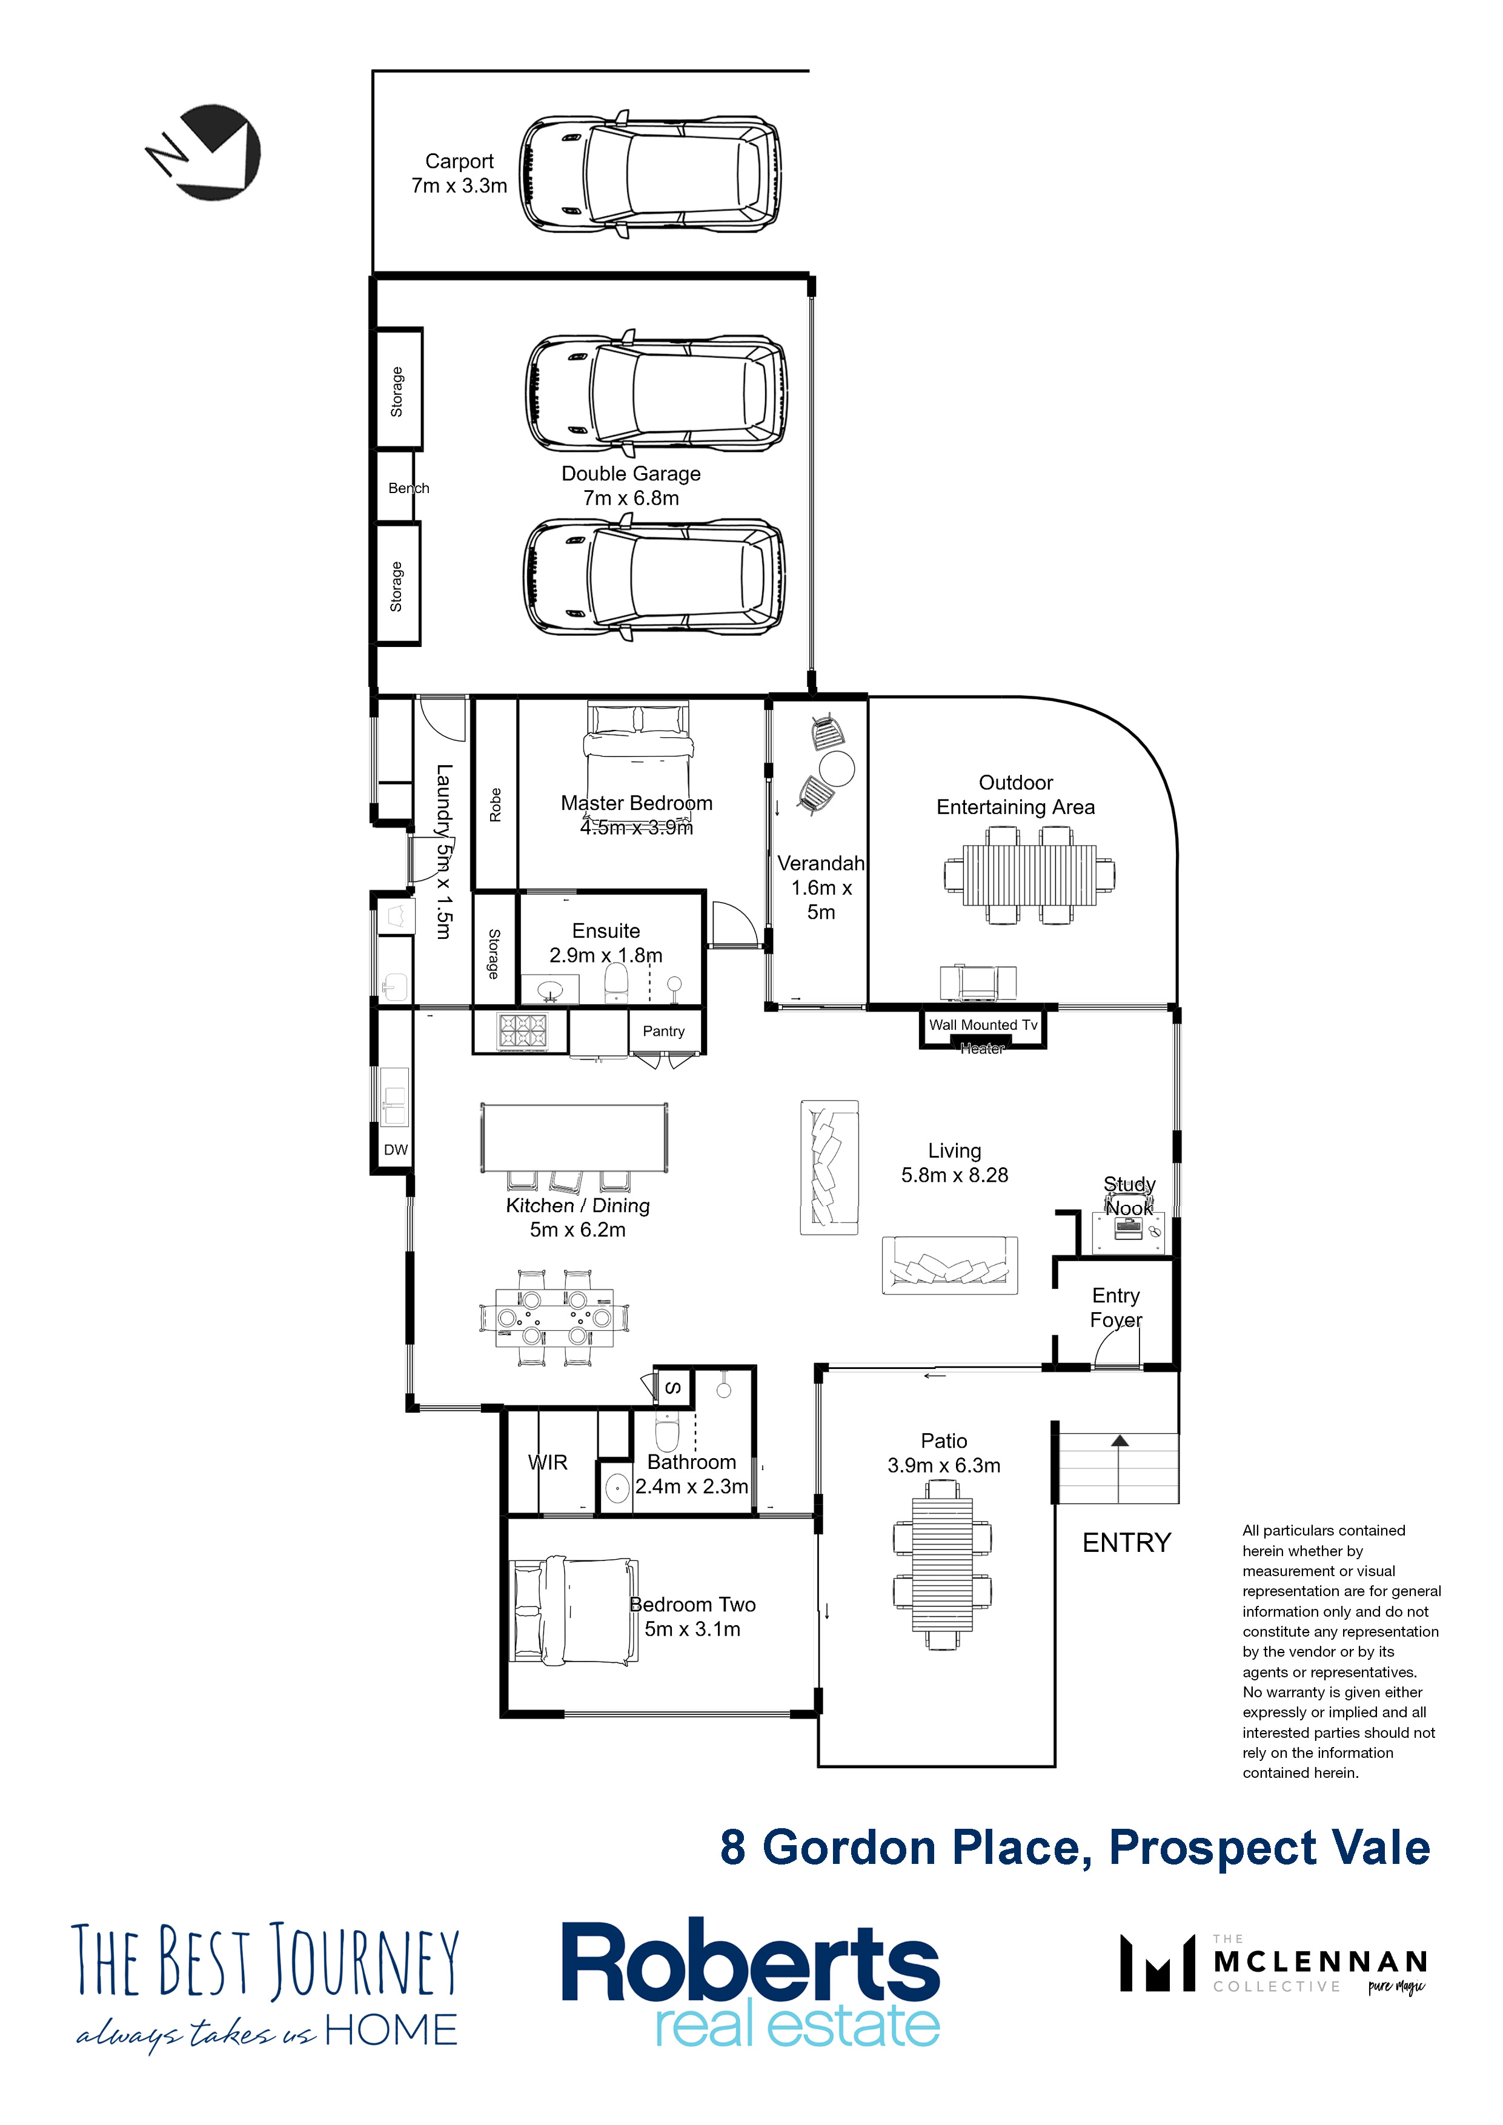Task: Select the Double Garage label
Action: click(631, 474)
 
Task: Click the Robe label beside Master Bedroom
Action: click(495, 804)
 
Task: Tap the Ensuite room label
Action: click(606, 930)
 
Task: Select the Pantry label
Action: click(663, 1031)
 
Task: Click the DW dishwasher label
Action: click(395, 1150)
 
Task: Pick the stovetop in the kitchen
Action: click(523, 1031)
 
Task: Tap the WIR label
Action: click(547, 1462)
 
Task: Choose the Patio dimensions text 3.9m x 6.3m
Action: click(944, 1465)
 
